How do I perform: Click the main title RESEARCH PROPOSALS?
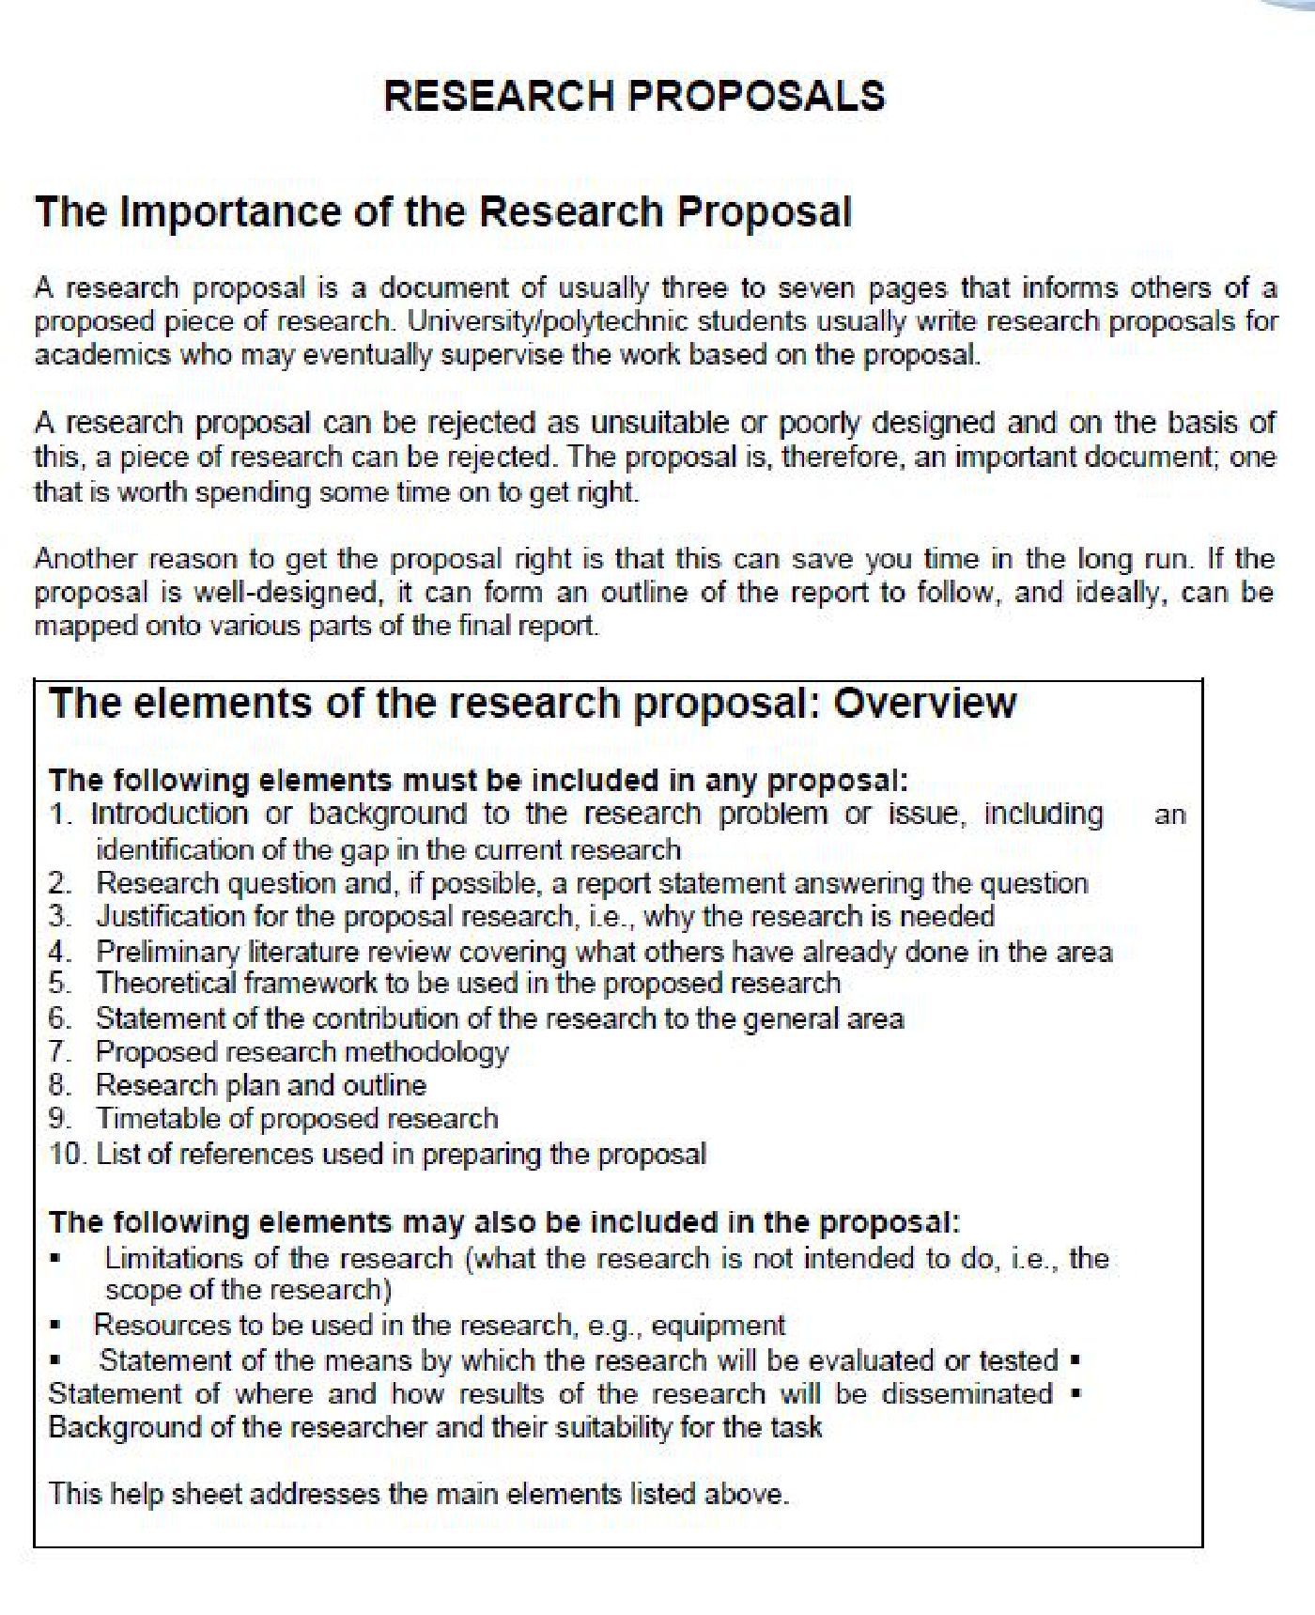click(x=635, y=96)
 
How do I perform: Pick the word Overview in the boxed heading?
click(x=924, y=703)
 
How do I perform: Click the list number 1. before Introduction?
click(x=62, y=814)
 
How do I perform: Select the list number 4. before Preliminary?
click(x=61, y=951)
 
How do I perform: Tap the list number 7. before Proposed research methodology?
click(x=61, y=1051)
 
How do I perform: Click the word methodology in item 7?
click(x=442, y=1051)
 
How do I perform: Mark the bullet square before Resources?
click(x=56, y=1326)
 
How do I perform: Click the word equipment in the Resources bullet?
click(x=718, y=1326)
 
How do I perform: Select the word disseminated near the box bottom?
click(x=967, y=1393)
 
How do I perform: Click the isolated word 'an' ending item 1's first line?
click(x=1169, y=815)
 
